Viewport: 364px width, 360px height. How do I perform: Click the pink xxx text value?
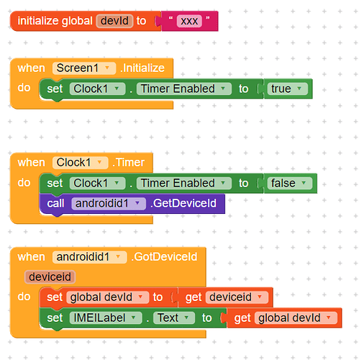[189, 21]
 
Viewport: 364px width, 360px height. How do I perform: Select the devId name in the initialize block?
[114, 21]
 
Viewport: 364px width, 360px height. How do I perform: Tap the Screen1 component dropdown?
[84, 68]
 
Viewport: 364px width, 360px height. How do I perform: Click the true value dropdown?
[287, 89]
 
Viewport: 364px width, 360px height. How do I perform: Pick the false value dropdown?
[289, 184]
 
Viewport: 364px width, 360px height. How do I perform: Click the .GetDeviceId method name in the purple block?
[183, 203]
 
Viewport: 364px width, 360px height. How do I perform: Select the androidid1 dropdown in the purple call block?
[109, 204]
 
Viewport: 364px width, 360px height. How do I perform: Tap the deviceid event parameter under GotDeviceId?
[50, 276]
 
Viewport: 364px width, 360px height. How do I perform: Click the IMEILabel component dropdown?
[106, 318]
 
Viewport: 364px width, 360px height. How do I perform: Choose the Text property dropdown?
[174, 318]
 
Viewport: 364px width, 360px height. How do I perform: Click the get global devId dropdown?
[296, 318]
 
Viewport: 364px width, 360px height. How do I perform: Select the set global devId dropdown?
[108, 297]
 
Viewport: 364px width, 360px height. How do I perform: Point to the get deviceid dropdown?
[237, 297]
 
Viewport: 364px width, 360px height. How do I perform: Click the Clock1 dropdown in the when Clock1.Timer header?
[81, 163]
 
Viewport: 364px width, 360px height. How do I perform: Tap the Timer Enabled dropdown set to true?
[184, 89]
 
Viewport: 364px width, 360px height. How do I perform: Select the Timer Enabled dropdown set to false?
[184, 184]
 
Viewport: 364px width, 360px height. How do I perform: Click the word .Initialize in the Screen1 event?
[142, 68]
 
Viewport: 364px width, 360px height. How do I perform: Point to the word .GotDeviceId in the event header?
[164, 257]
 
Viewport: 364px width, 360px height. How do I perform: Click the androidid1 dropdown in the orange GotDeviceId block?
[89, 257]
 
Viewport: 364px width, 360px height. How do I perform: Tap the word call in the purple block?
[55, 204]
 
